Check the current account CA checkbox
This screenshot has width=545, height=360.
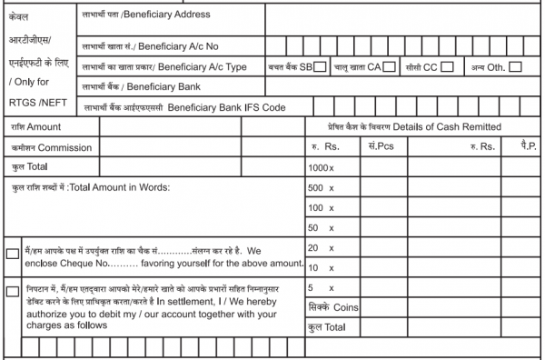coord(389,66)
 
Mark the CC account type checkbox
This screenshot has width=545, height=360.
coord(447,66)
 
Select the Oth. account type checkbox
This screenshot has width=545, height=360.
coord(515,66)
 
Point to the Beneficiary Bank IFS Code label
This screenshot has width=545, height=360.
coord(182,107)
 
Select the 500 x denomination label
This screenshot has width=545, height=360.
coord(321,188)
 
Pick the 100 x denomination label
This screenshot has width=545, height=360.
coord(321,208)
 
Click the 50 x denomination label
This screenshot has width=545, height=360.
coord(321,227)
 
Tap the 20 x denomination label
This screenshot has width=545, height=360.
coord(321,247)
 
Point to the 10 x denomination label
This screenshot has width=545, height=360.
coord(321,267)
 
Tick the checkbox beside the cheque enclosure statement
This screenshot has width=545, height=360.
coord(12,254)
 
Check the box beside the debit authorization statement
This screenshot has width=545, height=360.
coord(12,291)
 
